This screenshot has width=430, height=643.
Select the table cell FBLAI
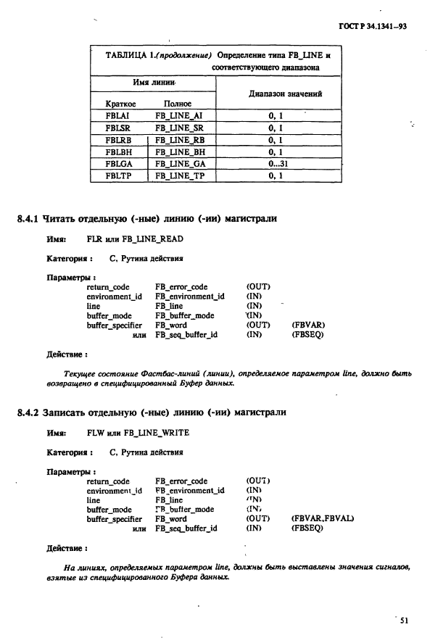point(117,115)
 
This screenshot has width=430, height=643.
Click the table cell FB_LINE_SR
point(181,127)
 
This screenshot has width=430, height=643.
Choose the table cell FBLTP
point(117,176)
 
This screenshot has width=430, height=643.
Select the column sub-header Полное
point(177,103)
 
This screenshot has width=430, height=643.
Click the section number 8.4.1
point(28,219)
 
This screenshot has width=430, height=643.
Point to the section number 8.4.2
point(28,412)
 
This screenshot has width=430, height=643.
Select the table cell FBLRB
point(117,139)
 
